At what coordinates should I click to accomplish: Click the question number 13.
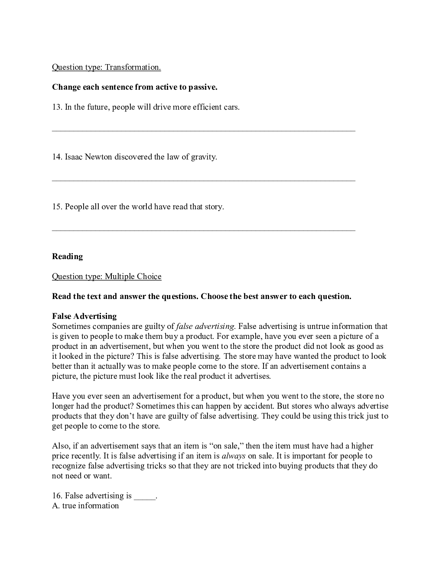pyautogui.click(x=57, y=107)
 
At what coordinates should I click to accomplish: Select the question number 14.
pyautogui.click(x=57, y=157)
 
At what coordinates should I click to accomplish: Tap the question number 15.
pyautogui.click(x=57, y=207)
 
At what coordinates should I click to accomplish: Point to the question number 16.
pyautogui.click(x=57, y=496)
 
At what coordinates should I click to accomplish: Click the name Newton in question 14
pyautogui.click(x=98, y=157)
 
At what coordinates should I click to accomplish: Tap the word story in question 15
pyautogui.click(x=213, y=207)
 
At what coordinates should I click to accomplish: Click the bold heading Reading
pyautogui.click(x=67, y=257)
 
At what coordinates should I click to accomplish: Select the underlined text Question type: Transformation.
pyautogui.click(x=106, y=67)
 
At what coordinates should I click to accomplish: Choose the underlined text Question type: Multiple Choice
pyautogui.click(x=107, y=276)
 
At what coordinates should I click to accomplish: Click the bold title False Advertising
pyautogui.click(x=84, y=316)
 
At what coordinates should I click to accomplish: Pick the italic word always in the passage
pyautogui.click(x=234, y=456)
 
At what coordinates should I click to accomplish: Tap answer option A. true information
pyautogui.click(x=85, y=506)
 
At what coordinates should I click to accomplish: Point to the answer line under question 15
pyautogui.click(x=204, y=230)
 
